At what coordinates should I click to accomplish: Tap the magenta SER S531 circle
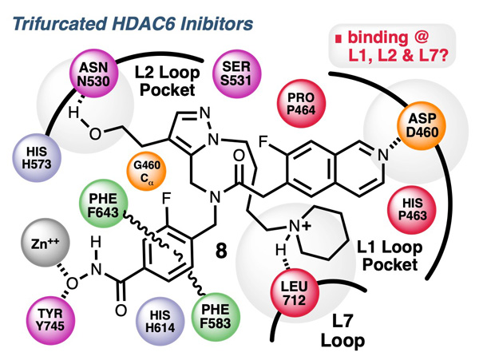(235, 73)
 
